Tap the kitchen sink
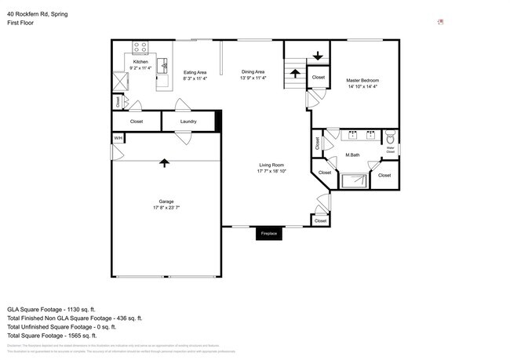click(164, 64)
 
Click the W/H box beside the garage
click(118, 139)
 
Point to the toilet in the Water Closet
click(390, 135)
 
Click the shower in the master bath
click(352, 181)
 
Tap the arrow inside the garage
click(164, 162)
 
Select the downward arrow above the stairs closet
click(318, 56)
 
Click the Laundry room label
click(188, 122)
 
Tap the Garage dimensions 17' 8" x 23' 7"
click(166, 208)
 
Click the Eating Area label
click(195, 72)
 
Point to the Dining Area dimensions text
click(253, 78)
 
